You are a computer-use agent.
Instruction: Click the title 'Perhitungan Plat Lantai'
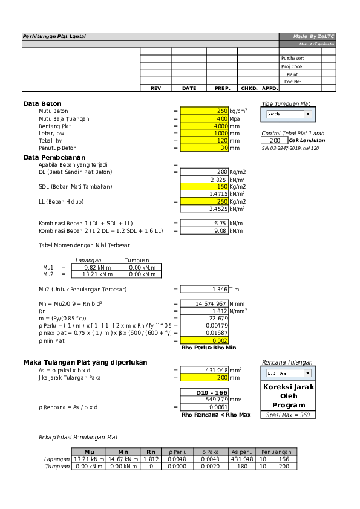click(x=54, y=37)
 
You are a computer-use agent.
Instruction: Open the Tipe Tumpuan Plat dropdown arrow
click(x=307, y=114)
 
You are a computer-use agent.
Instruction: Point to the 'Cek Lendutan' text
click(x=307, y=140)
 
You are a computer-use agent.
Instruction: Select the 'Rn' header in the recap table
click(x=151, y=452)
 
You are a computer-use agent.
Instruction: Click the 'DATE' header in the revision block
click(x=189, y=88)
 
